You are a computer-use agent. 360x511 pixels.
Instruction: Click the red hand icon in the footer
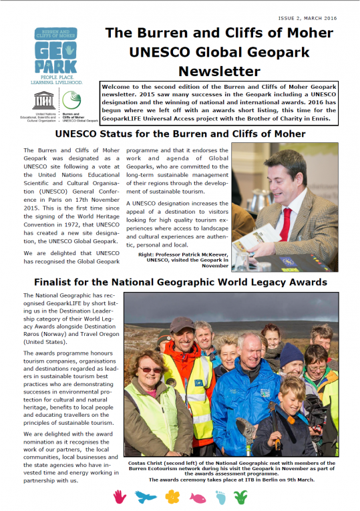click(120, 496)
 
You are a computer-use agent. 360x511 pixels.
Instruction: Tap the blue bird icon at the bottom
click(145, 496)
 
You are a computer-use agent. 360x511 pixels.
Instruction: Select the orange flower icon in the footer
click(172, 496)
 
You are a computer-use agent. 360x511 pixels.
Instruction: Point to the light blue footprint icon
click(221, 496)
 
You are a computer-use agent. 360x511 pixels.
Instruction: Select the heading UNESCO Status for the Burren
click(180, 134)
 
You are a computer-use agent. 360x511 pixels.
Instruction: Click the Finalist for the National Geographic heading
click(180, 281)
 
